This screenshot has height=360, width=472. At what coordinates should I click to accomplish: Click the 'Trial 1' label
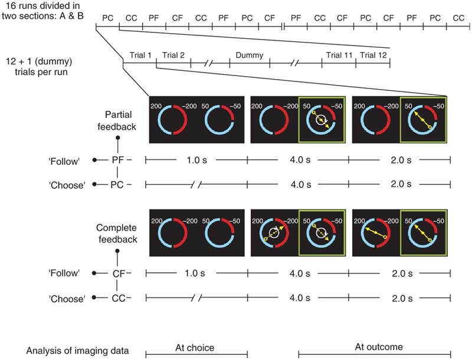[140, 55]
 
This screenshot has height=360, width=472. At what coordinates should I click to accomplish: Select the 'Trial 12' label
[373, 55]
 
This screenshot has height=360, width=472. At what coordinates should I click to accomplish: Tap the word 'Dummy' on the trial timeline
[249, 55]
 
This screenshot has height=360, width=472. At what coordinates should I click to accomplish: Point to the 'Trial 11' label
[339, 55]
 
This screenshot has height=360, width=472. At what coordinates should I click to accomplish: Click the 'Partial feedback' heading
[117, 121]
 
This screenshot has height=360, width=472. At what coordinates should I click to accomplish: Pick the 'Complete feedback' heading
[117, 234]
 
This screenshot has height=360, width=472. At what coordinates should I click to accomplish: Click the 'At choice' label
[195, 348]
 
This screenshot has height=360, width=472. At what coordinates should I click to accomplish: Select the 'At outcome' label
[379, 347]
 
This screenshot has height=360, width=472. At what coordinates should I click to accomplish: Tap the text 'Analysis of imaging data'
[77, 351]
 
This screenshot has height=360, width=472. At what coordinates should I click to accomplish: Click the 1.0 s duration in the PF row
[197, 160]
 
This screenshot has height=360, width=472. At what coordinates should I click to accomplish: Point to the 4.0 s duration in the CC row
[300, 298]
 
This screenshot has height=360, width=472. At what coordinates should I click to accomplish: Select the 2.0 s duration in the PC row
[401, 184]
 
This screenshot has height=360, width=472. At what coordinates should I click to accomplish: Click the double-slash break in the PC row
[196, 185]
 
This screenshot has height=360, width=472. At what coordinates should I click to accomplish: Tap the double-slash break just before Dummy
[209, 63]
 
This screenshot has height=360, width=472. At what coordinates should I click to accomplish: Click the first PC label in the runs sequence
[107, 18]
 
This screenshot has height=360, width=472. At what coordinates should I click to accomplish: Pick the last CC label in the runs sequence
[458, 18]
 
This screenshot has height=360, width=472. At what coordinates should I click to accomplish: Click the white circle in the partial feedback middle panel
[321, 120]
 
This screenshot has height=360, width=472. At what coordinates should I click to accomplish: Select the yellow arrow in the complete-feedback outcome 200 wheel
[376, 233]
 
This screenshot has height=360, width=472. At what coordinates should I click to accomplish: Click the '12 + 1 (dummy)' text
[39, 61]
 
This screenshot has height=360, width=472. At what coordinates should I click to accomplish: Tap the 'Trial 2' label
[173, 55]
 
